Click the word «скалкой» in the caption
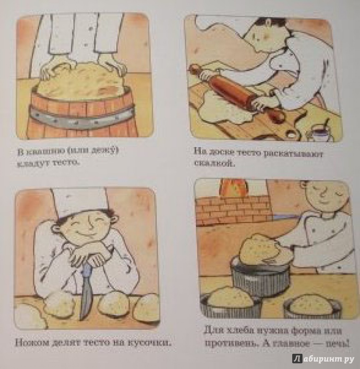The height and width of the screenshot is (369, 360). click(x=214, y=164)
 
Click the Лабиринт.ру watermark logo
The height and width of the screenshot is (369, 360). click(x=324, y=359)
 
